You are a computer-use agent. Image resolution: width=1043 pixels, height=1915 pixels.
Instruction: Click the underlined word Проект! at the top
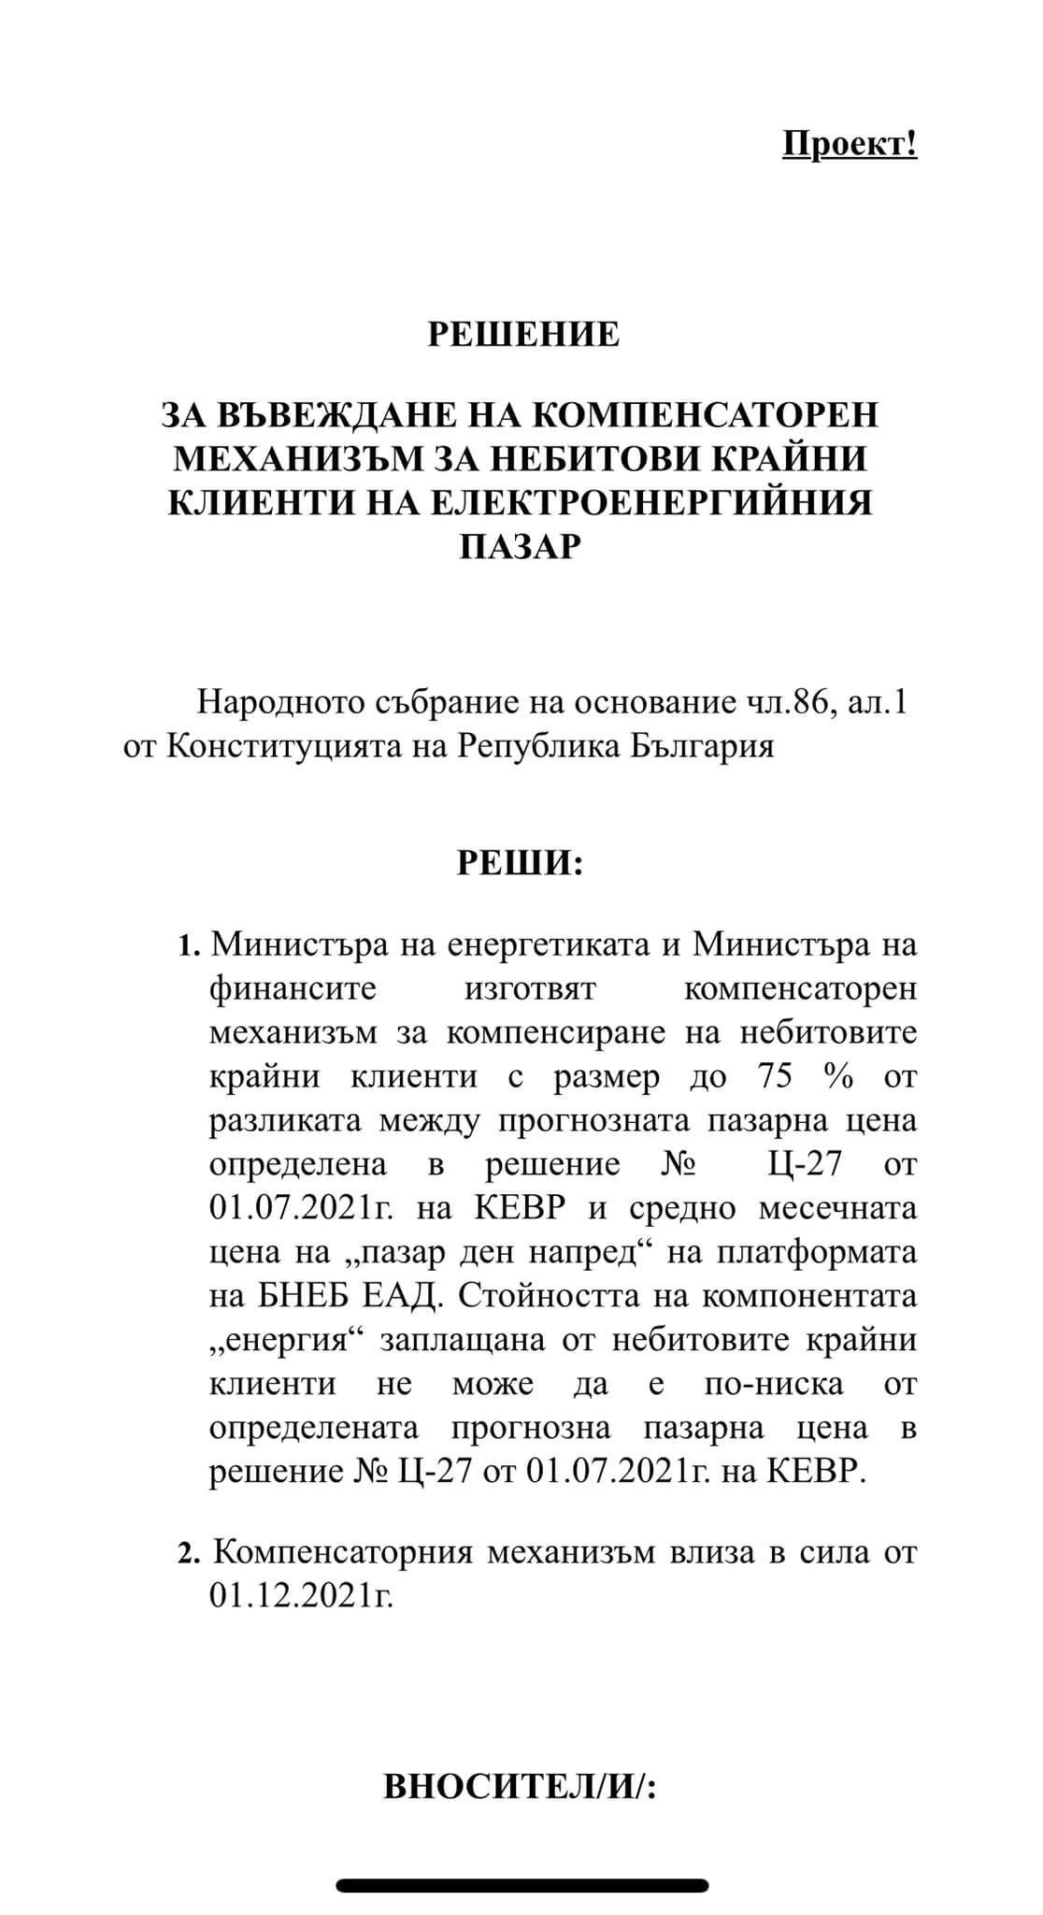(x=849, y=144)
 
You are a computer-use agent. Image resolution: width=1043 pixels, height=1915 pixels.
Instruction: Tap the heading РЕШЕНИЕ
(x=523, y=334)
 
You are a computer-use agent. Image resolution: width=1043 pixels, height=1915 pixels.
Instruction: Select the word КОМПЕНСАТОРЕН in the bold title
(x=709, y=414)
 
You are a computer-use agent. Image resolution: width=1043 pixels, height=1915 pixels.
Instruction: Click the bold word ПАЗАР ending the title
(x=520, y=546)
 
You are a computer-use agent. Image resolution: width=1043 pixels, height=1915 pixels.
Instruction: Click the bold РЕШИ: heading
(x=520, y=862)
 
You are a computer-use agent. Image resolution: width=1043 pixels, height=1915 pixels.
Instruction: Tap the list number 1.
(x=189, y=945)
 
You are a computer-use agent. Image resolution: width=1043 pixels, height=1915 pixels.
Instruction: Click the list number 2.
(x=189, y=1554)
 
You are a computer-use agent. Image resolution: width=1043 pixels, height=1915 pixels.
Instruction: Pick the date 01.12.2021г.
(x=301, y=1596)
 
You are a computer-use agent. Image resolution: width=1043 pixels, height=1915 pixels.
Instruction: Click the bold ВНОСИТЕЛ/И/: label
(x=520, y=1787)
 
